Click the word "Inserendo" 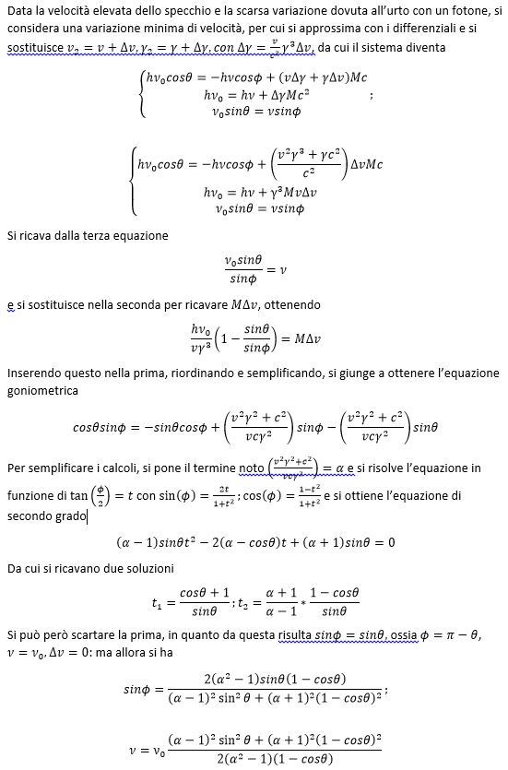[x=36, y=373]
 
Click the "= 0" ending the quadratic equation [x=384, y=541]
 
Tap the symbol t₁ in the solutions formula [x=157, y=604]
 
